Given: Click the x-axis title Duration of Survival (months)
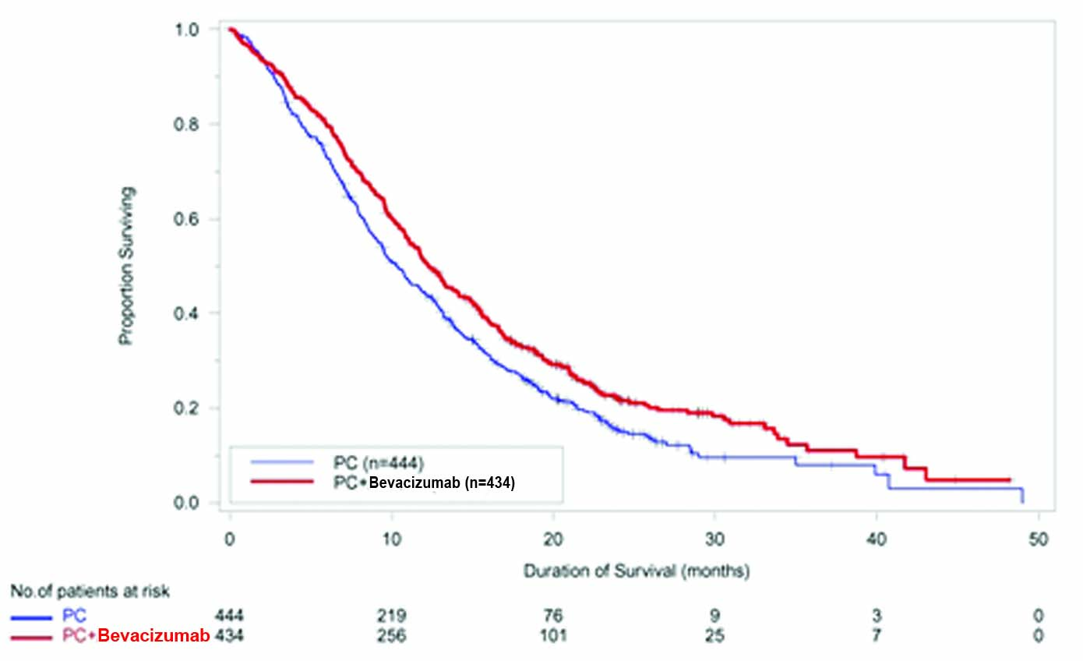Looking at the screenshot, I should tap(636, 571).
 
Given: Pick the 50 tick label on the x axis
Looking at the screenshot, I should tap(1038, 539).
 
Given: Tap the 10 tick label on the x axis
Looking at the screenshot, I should tap(391, 539).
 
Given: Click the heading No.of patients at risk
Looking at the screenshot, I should tap(90, 592).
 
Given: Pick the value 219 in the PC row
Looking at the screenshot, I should tap(391, 617).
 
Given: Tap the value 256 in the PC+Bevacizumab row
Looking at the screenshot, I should tap(391, 636).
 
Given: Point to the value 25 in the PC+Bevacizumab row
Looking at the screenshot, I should tap(715, 636).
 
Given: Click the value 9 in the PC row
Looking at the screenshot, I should tap(715, 617).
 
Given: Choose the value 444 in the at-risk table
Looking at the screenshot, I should tap(230, 617).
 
